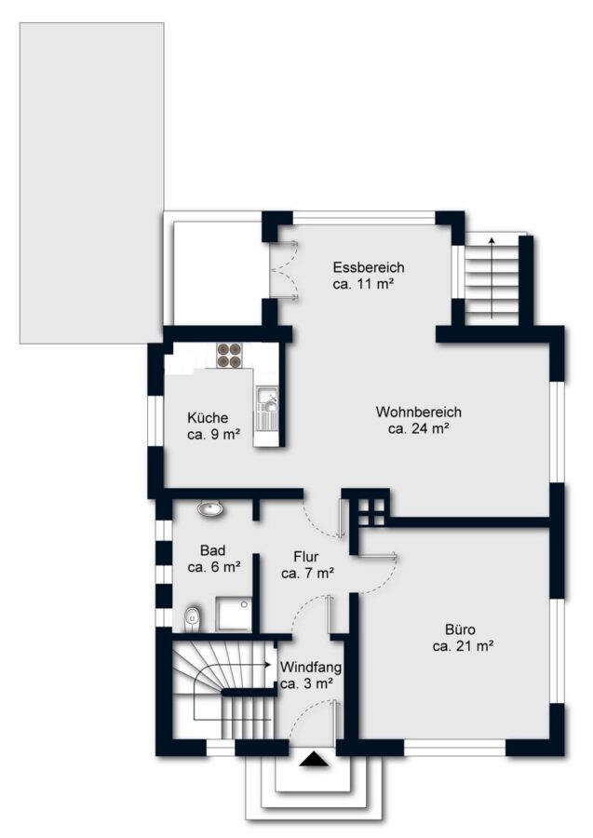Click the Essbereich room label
click(x=368, y=267)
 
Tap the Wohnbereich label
click(x=418, y=412)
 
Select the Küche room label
click(x=208, y=418)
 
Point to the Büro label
click(x=461, y=629)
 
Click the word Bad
click(x=212, y=550)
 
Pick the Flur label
click(x=305, y=557)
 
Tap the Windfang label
click(x=311, y=667)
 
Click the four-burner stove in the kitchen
click(x=229, y=356)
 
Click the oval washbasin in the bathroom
click(x=210, y=508)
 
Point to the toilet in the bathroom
click(x=192, y=619)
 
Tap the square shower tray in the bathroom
click(x=234, y=615)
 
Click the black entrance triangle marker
click(x=314, y=760)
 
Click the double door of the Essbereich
click(x=284, y=270)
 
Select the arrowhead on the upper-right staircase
click(x=492, y=240)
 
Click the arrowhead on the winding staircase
click(x=266, y=665)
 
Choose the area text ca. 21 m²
click(x=463, y=646)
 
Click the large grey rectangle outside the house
click(x=92, y=182)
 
